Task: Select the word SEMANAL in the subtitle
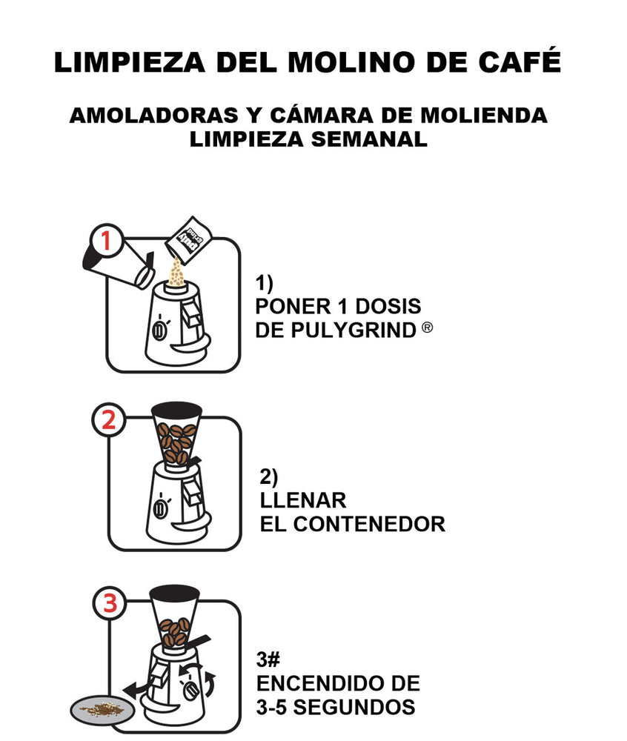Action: pyautogui.click(x=369, y=139)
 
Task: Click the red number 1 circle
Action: pyautogui.click(x=107, y=240)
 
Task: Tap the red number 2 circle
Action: pyautogui.click(x=109, y=419)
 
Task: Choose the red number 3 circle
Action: pyautogui.click(x=110, y=603)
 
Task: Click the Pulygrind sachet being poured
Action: pyautogui.click(x=188, y=239)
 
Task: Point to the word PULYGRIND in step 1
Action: pyautogui.click(x=354, y=330)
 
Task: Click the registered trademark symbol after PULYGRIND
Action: pyautogui.click(x=427, y=327)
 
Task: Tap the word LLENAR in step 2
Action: pyautogui.click(x=303, y=500)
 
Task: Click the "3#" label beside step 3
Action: pyautogui.click(x=268, y=659)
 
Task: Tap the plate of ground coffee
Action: pyautogui.click(x=102, y=709)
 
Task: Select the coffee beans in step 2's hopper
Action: pyautogui.click(x=176, y=443)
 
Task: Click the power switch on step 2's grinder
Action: pyautogui.click(x=161, y=508)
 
